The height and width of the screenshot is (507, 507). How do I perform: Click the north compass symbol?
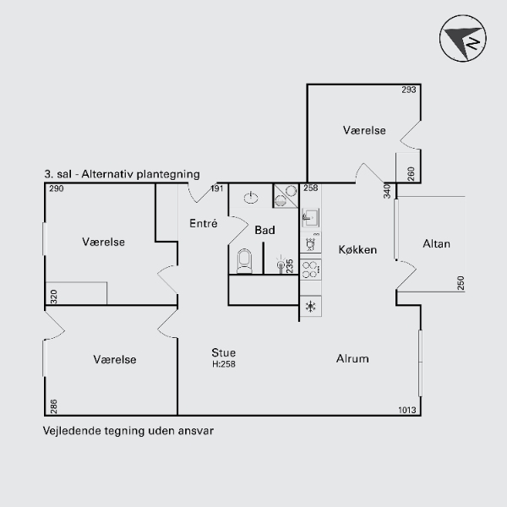[x=463, y=38]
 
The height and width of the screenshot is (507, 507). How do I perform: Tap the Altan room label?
[x=436, y=244]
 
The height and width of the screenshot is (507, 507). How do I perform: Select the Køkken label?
[x=357, y=249]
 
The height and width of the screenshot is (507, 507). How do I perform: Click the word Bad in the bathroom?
[x=264, y=230]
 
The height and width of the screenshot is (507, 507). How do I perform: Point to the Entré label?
[x=204, y=223]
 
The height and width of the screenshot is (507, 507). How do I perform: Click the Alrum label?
[x=352, y=358]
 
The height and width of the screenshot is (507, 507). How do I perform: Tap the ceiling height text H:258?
[x=224, y=364]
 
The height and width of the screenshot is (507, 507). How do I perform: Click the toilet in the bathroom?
[x=244, y=261]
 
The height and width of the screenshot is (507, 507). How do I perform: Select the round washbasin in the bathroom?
[x=251, y=197]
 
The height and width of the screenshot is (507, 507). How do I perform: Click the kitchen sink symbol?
[x=311, y=217]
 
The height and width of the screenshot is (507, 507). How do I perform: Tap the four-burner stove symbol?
[x=310, y=270]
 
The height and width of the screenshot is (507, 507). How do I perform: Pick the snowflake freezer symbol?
[x=311, y=307]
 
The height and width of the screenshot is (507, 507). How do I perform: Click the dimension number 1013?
[x=407, y=410]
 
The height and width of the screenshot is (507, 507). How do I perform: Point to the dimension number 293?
[x=409, y=90]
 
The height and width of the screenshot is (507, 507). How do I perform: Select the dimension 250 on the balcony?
[x=461, y=283]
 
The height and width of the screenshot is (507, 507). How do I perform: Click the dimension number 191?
[x=217, y=188]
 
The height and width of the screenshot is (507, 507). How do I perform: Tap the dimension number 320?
[x=54, y=297]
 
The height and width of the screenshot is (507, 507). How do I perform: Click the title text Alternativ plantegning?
[x=140, y=174]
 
